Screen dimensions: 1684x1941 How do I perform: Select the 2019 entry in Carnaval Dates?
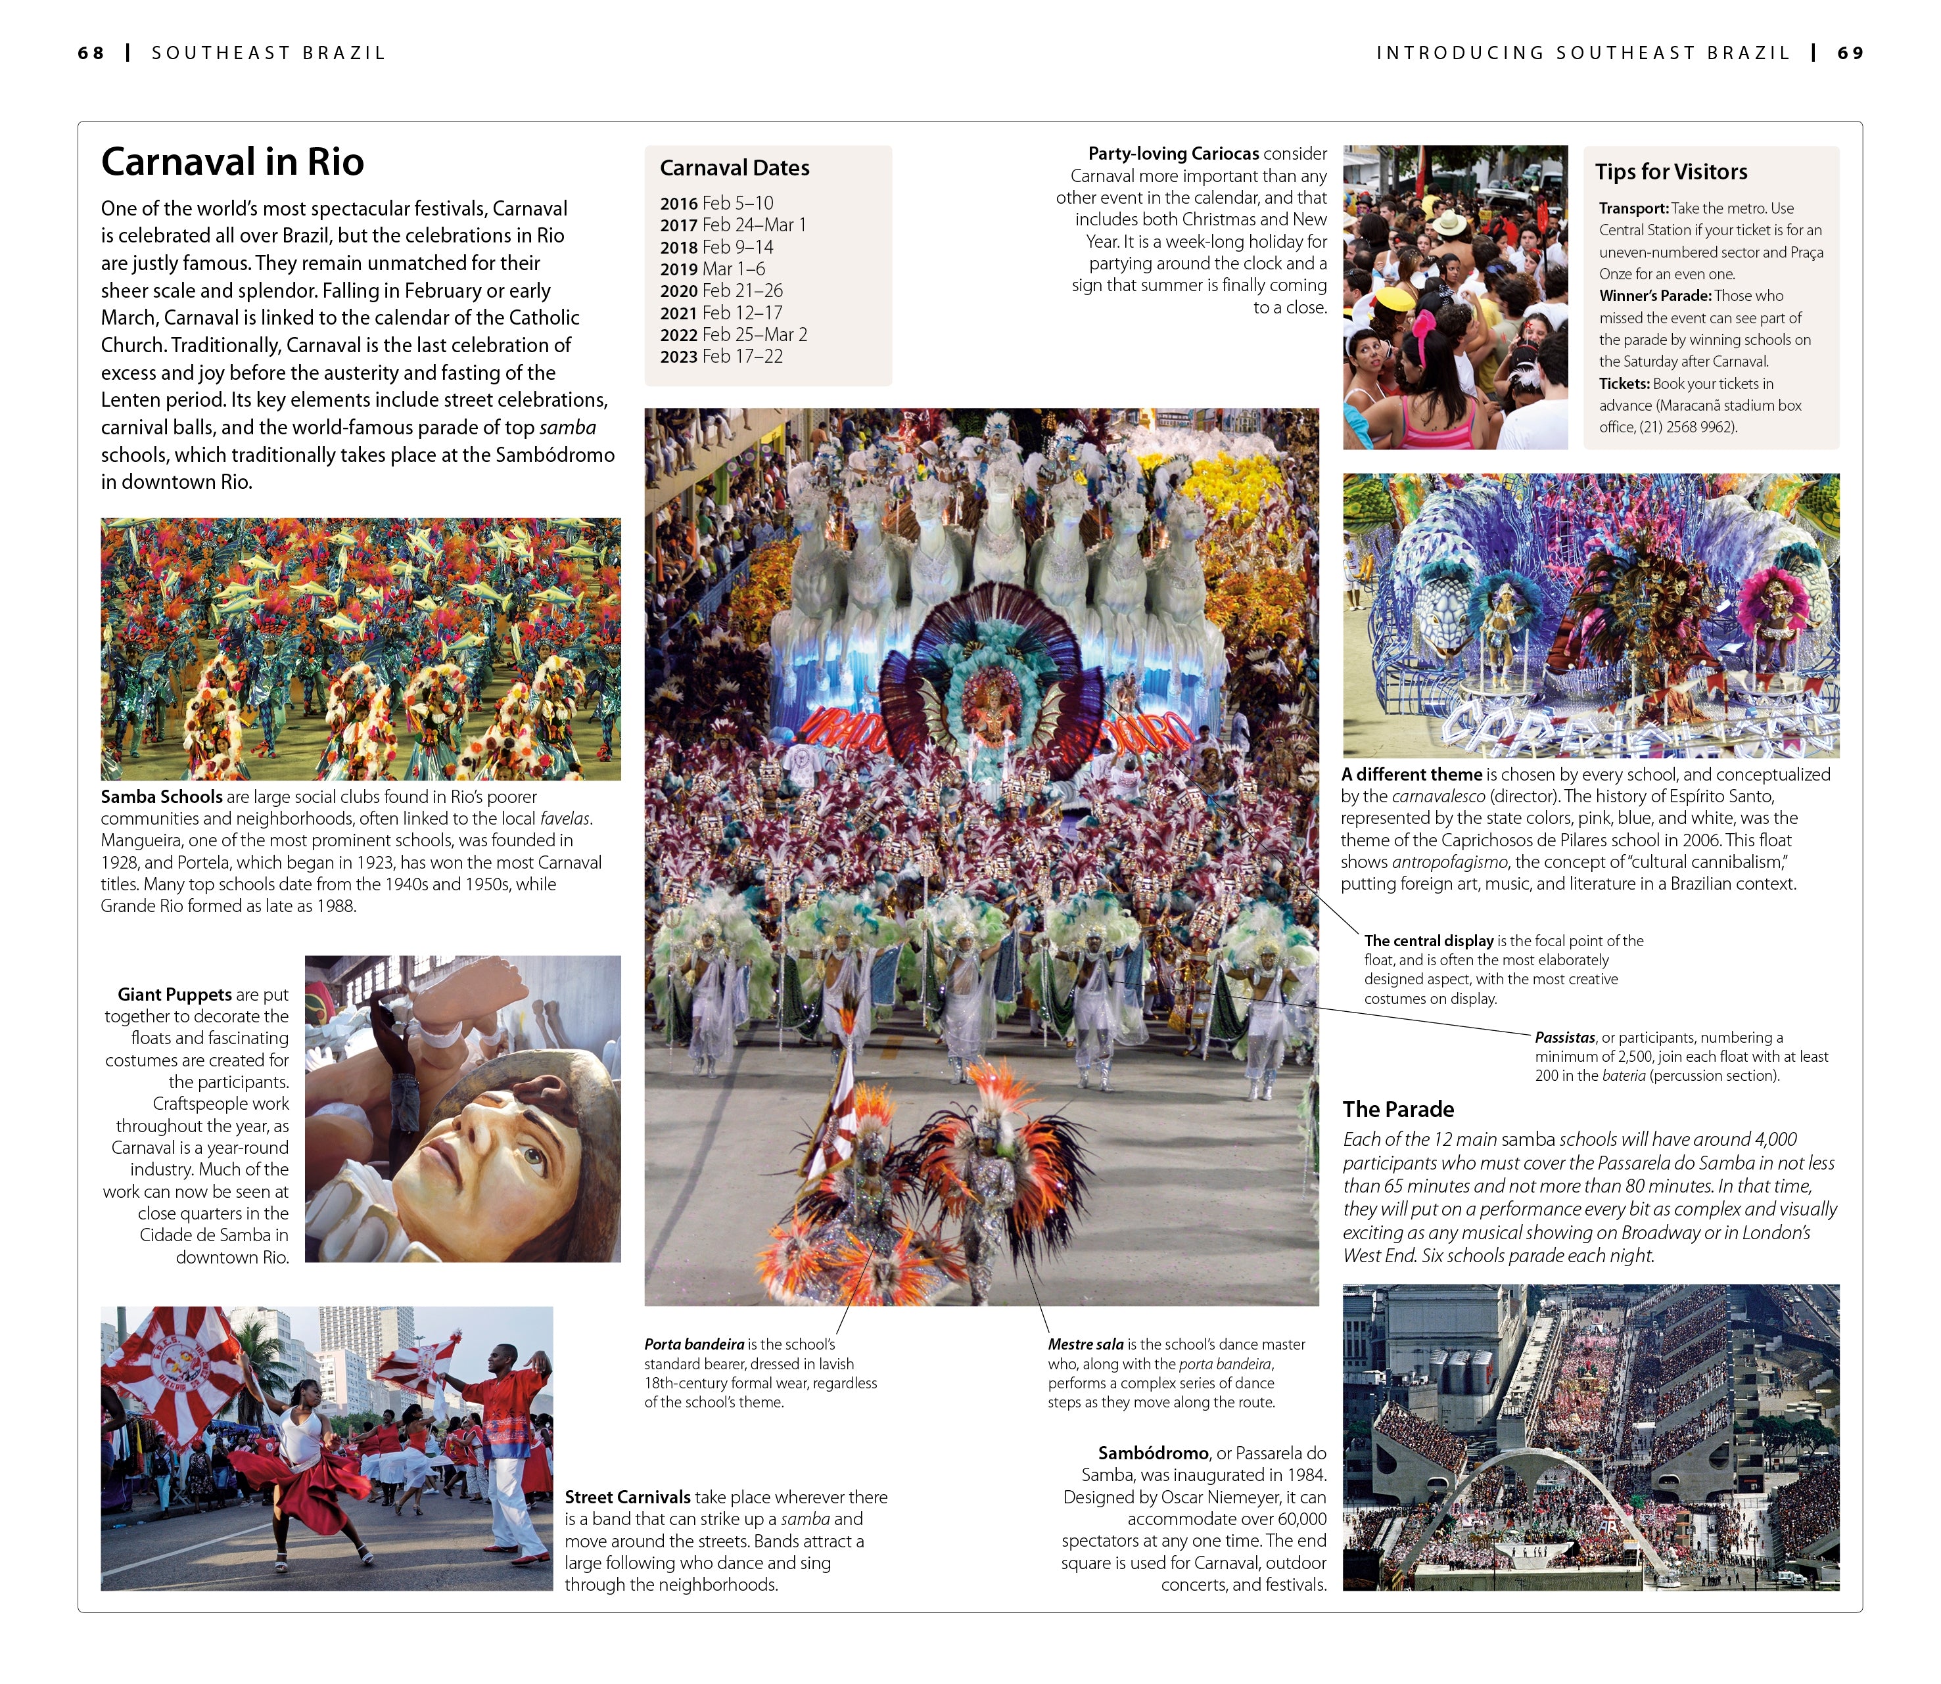713,269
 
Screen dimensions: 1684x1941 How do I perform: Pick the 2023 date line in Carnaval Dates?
721,356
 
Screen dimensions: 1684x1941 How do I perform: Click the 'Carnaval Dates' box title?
734,168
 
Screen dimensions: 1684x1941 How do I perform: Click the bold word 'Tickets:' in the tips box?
1624,384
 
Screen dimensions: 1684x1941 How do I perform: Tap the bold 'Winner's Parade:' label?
1654,296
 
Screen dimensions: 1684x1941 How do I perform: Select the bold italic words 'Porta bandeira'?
693,1345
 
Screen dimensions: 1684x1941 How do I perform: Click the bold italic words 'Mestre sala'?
1086,1345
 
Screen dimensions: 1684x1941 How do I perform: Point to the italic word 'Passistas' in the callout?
1565,1037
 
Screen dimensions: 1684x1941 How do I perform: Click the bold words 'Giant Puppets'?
175,994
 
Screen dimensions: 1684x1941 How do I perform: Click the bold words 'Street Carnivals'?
627,1497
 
